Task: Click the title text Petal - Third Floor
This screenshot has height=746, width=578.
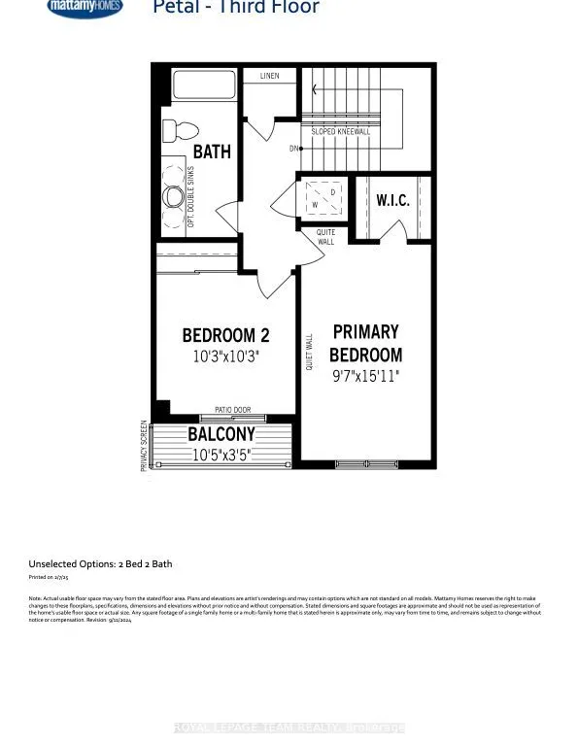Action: (x=236, y=8)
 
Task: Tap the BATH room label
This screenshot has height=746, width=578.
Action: (x=212, y=152)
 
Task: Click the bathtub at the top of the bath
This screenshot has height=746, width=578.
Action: (x=204, y=85)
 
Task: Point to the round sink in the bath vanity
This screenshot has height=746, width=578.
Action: (x=175, y=196)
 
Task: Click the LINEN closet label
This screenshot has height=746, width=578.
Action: (x=269, y=75)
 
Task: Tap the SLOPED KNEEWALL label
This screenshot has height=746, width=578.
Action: (x=340, y=131)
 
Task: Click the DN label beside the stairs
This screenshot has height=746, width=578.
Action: (x=293, y=149)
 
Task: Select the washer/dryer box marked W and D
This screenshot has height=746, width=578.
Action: (x=323, y=199)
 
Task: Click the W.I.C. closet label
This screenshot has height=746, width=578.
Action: (x=392, y=201)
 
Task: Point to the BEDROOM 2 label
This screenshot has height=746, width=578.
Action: (x=226, y=336)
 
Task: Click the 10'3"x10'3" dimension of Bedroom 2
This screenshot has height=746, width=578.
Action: (x=226, y=356)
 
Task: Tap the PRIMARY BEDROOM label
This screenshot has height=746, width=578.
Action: (x=365, y=344)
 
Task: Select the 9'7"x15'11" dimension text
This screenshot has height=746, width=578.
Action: (x=365, y=376)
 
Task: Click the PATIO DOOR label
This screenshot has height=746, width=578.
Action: (x=232, y=410)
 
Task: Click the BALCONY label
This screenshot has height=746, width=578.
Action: (x=221, y=435)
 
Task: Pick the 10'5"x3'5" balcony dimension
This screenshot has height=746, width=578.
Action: (x=221, y=454)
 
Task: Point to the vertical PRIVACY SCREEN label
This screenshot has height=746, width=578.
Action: (x=144, y=446)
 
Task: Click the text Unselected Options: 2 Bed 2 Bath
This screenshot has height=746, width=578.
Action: (x=100, y=563)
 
